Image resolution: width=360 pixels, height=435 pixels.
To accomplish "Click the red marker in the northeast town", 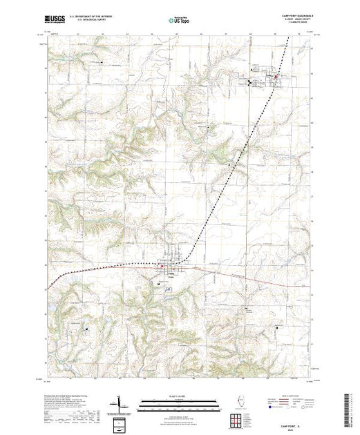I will point(278,77).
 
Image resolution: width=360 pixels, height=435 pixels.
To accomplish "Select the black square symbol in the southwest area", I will point(87,329).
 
